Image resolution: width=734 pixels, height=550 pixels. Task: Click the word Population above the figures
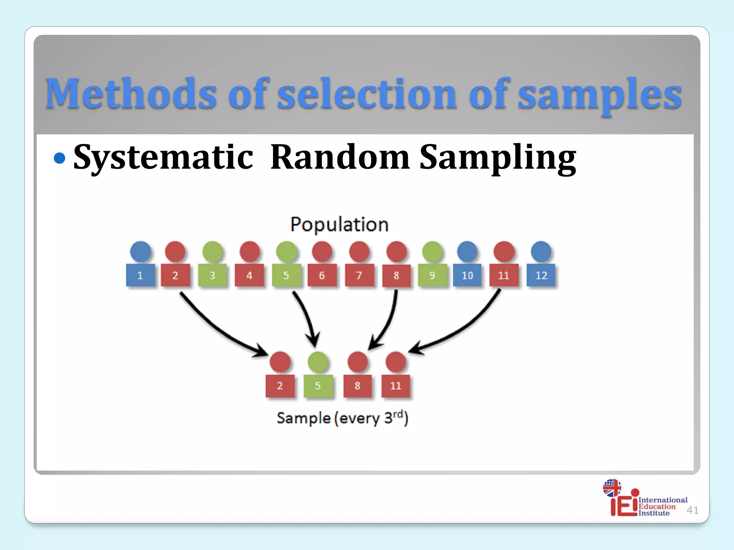click(339, 225)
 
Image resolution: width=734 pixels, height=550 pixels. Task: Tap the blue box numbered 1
click(140, 275)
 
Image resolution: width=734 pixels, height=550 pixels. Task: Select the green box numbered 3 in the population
click(213, 275)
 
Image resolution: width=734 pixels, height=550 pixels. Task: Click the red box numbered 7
click(359, 275)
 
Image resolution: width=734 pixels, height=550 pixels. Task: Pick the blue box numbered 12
click(541, 275)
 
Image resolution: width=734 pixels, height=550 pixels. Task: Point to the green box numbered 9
click(432, 275)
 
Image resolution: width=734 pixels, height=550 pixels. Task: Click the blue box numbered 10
click(467, 275)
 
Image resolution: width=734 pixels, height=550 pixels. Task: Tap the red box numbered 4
click(249, 275)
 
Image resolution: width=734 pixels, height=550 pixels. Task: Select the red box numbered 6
click(322, 275)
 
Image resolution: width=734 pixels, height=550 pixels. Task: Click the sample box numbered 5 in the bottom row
click(318, 386)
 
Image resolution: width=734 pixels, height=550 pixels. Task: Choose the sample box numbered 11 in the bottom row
click(395, 386)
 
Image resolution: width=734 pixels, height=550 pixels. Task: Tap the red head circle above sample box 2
click(280, 362)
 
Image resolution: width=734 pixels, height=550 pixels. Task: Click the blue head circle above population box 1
click(140, 251)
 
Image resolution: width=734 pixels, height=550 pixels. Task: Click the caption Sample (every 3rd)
click(342, 418)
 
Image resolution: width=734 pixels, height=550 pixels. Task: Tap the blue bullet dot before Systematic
click(59, 158)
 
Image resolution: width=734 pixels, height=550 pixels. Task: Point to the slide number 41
click(692, 510)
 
